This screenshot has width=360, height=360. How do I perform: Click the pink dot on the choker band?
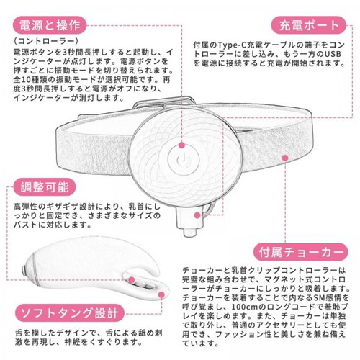coord(284,156)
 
